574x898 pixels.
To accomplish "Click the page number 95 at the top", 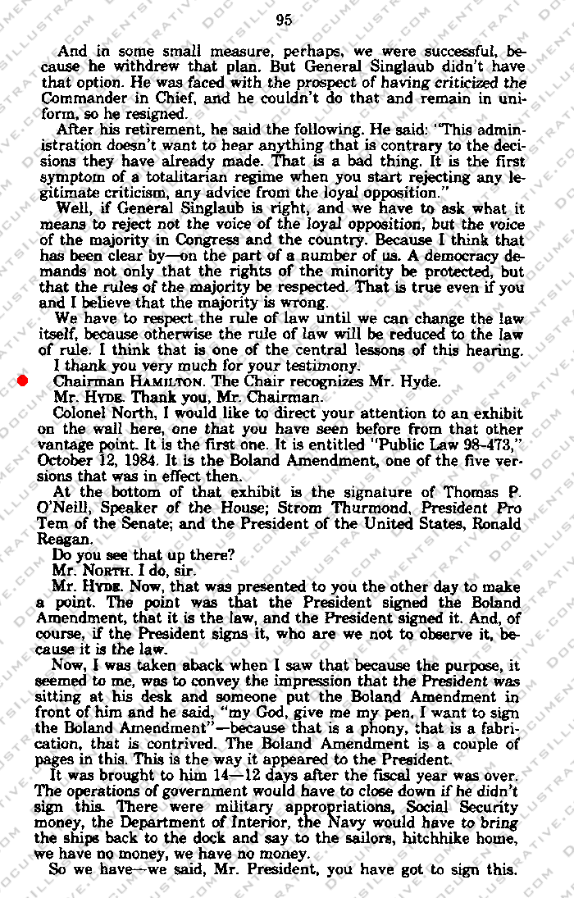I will [x=285, y=21].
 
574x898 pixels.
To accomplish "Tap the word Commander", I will [x=79, y=99].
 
